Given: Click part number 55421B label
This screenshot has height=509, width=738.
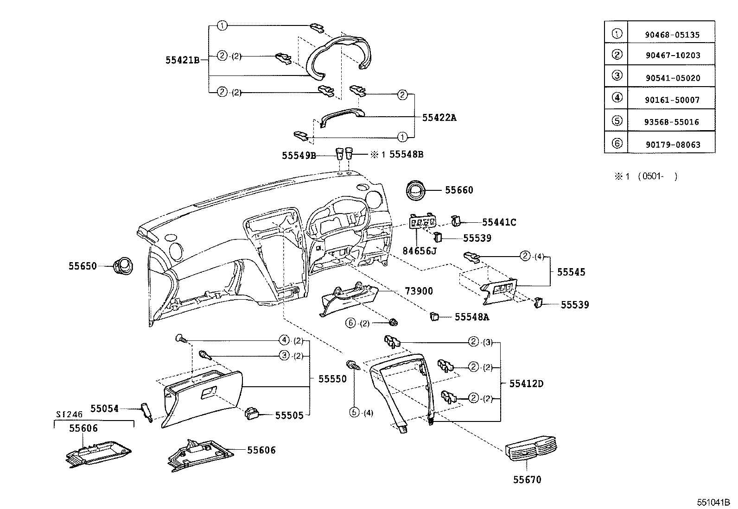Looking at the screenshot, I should point(182,60).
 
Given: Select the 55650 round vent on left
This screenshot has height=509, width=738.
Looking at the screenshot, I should point(124,266).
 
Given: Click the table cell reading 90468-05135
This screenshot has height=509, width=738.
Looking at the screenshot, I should point(672,35).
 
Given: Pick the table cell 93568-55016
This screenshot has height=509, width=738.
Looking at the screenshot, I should point(672,122).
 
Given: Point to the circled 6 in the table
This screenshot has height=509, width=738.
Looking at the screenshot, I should point(617,143).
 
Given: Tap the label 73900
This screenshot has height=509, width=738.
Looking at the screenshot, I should point(419,291).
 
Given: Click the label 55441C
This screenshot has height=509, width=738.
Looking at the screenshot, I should point(499,222).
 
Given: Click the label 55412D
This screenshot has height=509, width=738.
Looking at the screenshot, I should point(526,383).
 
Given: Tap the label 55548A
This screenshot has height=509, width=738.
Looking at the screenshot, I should point(472,317).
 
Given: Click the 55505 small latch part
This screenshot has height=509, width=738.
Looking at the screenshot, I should point(252,413).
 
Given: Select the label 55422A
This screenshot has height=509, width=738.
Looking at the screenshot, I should point(439,118).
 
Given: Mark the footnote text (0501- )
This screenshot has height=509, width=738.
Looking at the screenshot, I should point(657,176).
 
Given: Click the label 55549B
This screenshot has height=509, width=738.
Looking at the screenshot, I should point(299,156).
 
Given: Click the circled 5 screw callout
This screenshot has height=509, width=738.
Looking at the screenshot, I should point(355,412).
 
